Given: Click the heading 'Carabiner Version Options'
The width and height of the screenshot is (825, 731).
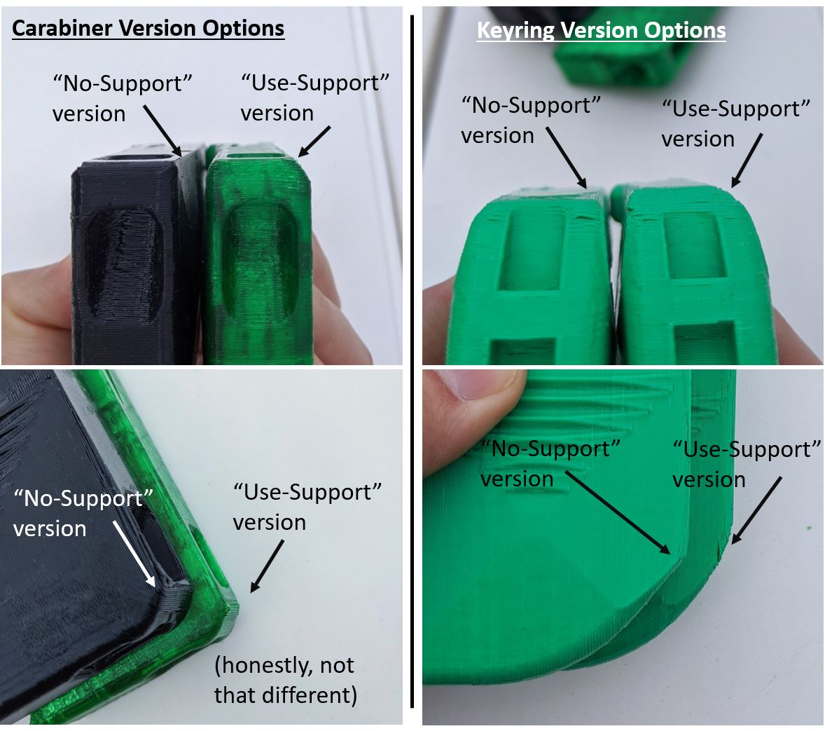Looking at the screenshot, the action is [148, 29].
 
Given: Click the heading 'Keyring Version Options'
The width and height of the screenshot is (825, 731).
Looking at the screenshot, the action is [602, 31].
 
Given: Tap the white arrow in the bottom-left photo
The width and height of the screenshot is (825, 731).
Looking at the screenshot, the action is [134, 554].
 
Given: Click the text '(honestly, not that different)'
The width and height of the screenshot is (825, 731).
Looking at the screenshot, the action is [286, 680].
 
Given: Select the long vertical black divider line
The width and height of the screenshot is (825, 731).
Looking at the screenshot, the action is [412, 362].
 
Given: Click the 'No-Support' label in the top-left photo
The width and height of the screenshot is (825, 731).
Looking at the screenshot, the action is [122, 99].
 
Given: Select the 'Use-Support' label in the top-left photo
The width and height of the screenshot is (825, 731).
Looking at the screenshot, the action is [314, 98].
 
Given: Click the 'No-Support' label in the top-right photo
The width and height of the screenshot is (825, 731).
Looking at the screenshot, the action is [531, 120].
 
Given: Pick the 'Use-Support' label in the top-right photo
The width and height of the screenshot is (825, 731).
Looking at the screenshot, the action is [735, 124].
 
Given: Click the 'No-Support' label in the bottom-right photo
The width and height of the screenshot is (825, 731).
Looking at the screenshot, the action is [550, 463].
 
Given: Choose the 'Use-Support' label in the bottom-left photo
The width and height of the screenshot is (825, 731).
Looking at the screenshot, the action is [307, 507].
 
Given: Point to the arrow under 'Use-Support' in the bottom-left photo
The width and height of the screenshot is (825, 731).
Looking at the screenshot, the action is [267, 566].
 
